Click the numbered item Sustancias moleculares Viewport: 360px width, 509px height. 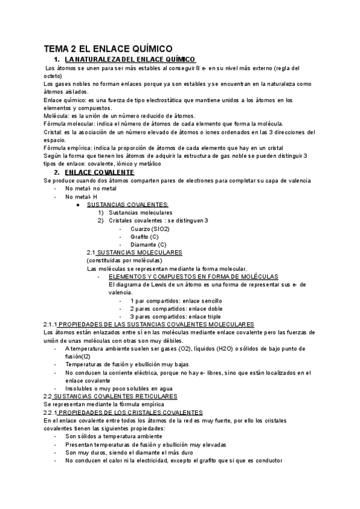[140, 212]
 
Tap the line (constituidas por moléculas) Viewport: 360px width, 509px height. [124, 261]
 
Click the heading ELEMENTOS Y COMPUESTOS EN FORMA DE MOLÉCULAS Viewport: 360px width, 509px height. [193, 277]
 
